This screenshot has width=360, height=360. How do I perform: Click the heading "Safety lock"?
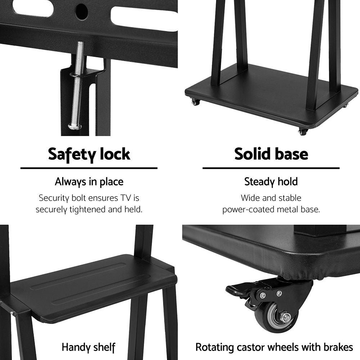point(89,154)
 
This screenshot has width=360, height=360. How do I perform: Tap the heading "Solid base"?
point(271,154)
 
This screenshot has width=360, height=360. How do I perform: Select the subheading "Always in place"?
point(89,182)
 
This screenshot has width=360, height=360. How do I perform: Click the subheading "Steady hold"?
point(271,181)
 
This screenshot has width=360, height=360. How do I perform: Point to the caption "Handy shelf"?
point(89,347)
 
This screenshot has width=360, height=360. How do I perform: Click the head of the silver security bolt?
point(75,126)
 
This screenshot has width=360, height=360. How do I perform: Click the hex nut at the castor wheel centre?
point(285,318)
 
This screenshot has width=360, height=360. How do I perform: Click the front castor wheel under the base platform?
point(302,132)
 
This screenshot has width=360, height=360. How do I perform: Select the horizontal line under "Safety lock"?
point(89,168)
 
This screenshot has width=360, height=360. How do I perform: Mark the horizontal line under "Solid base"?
point(271,168)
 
